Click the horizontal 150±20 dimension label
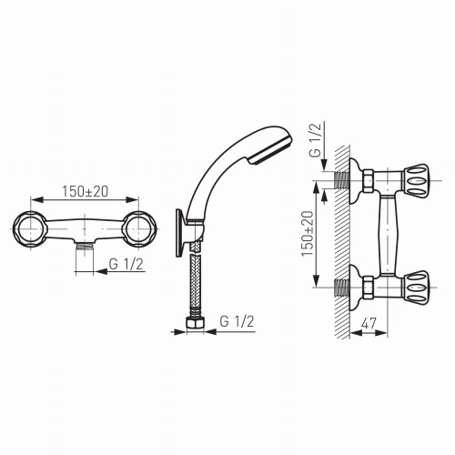(x=85, y=192)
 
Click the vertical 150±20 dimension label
(x=307, y=234)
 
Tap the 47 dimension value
(x=369, y=323)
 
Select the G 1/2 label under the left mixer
(x=126, y=265)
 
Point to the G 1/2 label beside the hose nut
(x=237, y=321)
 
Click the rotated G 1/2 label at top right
(x=315, y=140)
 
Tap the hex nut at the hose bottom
(x=195, y=322)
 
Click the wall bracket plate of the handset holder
(x=179, y=234)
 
